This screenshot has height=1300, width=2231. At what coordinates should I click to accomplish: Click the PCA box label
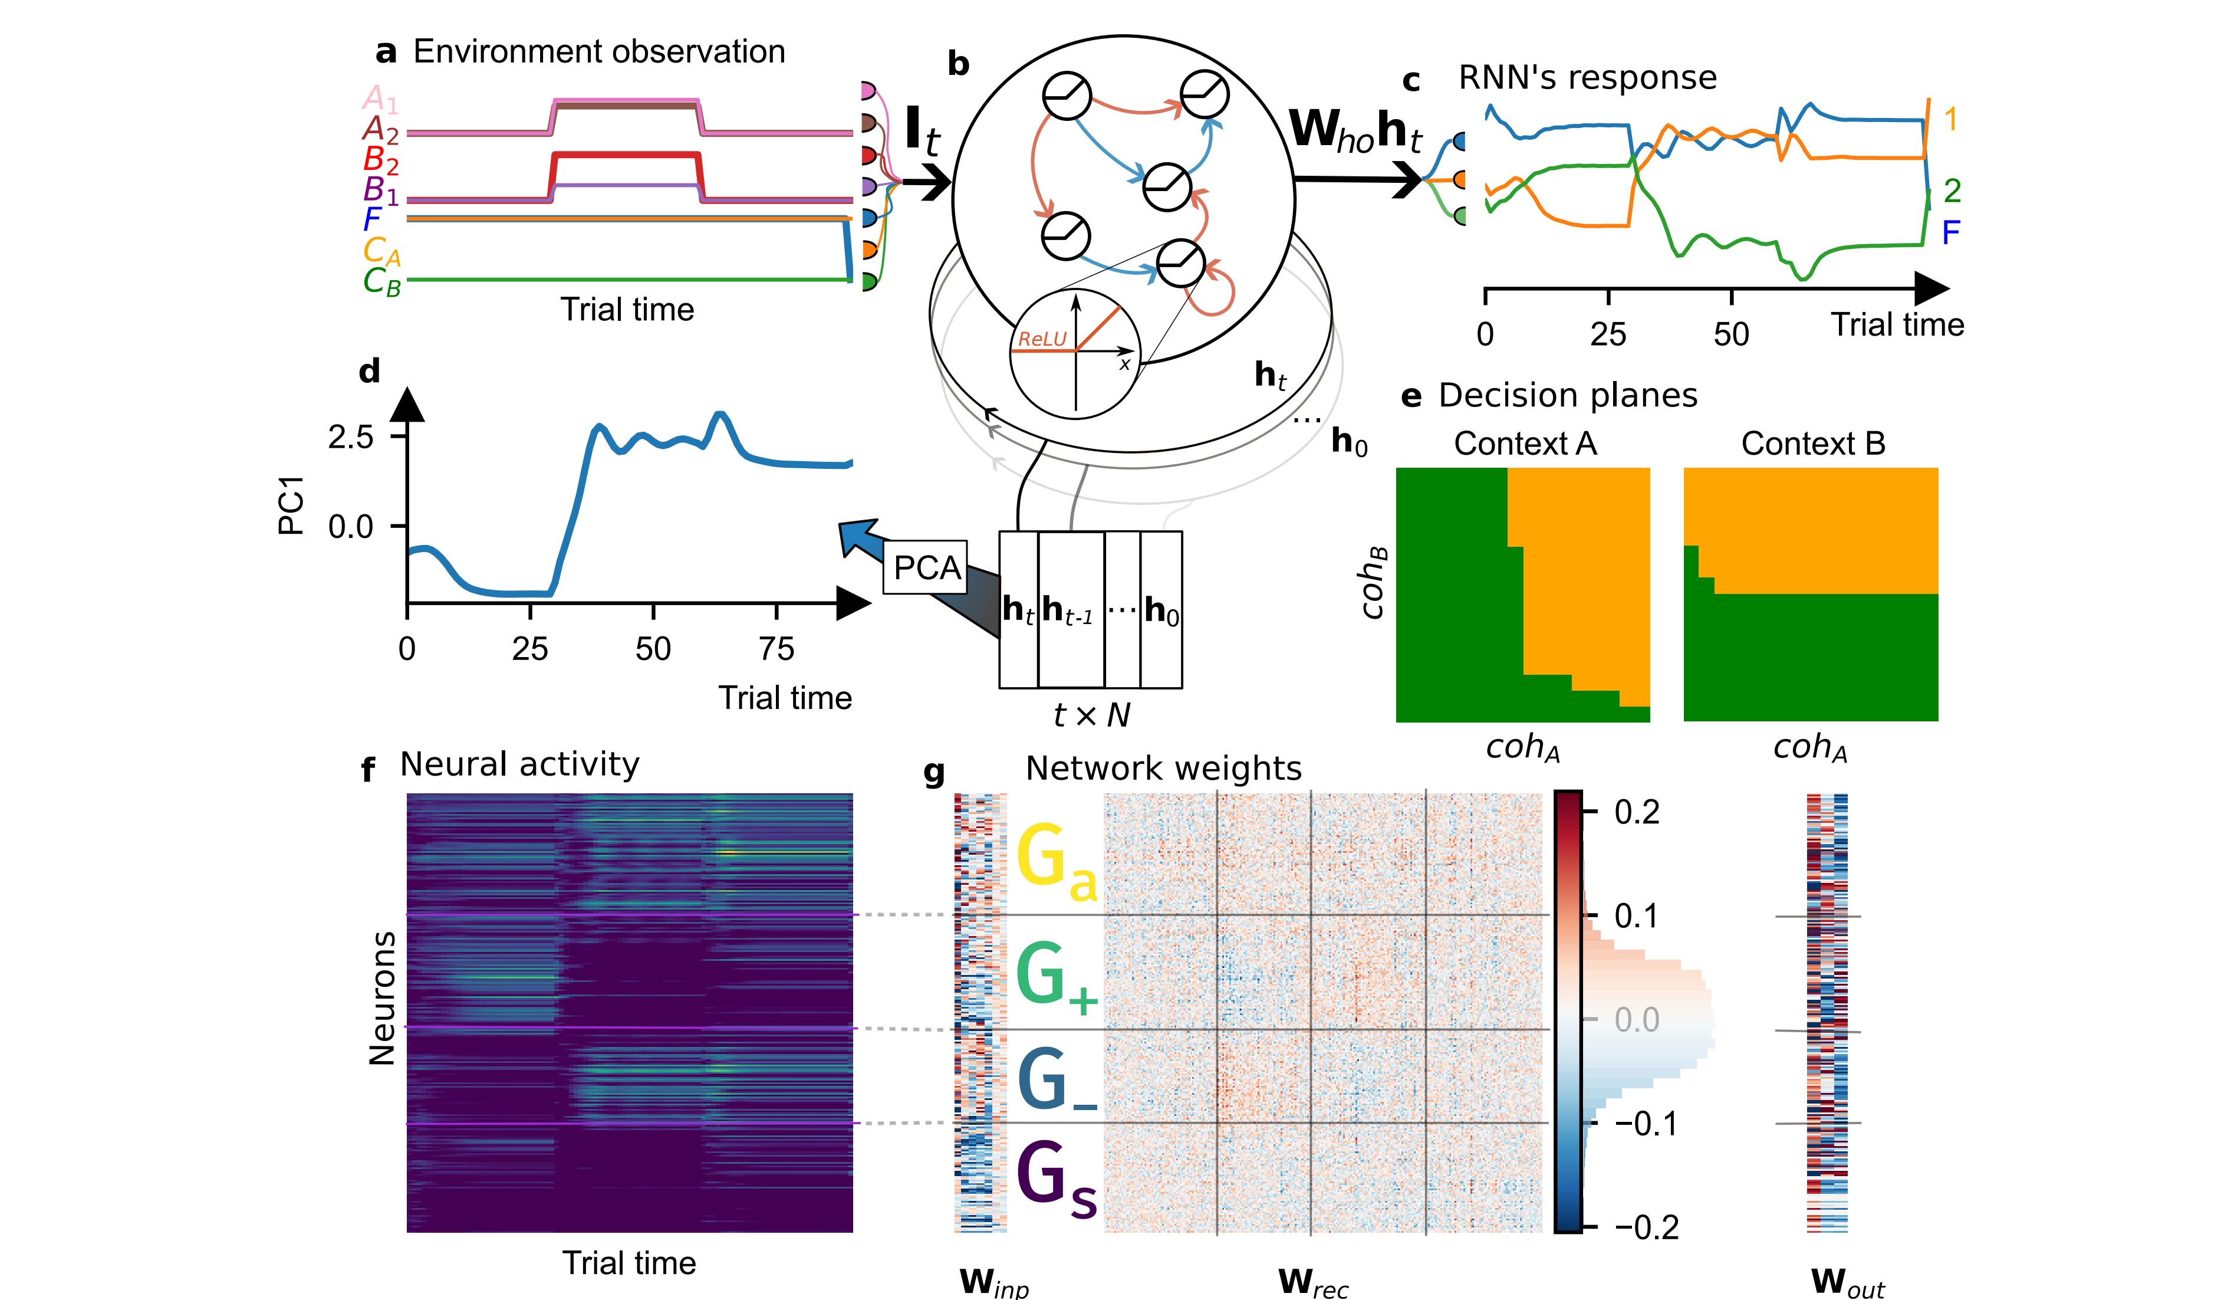pos(926,567)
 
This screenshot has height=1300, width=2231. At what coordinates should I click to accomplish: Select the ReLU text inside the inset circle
pos(1042,339)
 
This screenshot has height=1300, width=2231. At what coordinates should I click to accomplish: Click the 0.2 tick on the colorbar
pos(1636,811)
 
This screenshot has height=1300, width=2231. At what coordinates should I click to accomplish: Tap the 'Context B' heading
pos(1812,444)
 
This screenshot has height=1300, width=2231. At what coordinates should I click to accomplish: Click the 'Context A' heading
pos(1525,444)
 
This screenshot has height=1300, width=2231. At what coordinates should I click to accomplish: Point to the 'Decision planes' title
pos(1567,396)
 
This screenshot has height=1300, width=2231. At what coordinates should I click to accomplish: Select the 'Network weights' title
pos(1163,769)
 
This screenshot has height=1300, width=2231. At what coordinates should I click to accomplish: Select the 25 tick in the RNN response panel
pos(1608,334)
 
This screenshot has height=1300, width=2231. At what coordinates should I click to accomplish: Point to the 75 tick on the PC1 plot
pos(776,649)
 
